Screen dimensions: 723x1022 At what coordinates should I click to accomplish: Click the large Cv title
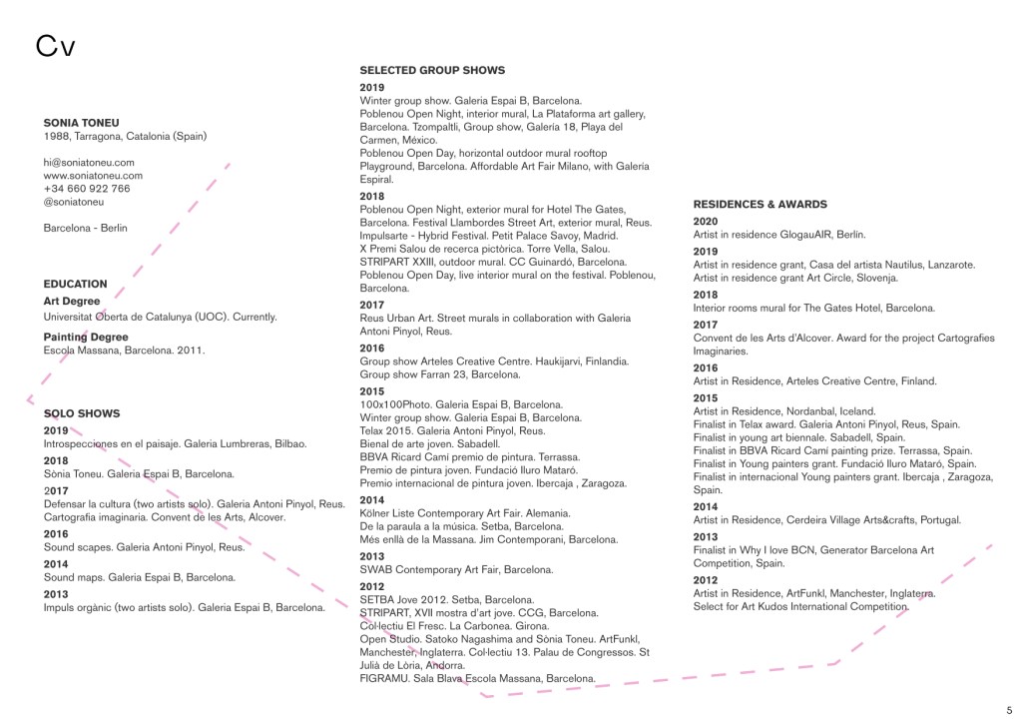pos(56,46)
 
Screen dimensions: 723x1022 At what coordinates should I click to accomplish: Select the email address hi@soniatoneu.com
pos(89,162)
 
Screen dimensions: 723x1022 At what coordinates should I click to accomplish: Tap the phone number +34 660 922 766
pos(87,188)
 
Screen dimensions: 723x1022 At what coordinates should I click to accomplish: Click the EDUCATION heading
pos(76,284)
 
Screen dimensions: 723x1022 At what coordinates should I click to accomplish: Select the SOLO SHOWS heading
pos(82,412)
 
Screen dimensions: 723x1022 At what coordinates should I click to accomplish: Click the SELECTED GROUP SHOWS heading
pos(432,70)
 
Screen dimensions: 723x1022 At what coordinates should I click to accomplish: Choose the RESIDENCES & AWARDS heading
pos(761,204)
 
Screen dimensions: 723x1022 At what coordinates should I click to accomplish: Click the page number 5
pos(1009,709)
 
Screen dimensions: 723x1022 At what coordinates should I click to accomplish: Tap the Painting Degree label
pos(86,337)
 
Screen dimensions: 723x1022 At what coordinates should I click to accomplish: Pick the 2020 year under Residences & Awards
pos(706,221)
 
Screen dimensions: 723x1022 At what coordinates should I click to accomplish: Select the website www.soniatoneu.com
pos(93,175)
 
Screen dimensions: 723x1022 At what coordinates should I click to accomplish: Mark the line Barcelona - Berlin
pos(86,228)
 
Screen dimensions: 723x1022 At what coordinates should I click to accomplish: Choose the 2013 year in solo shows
pos(56,594)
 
